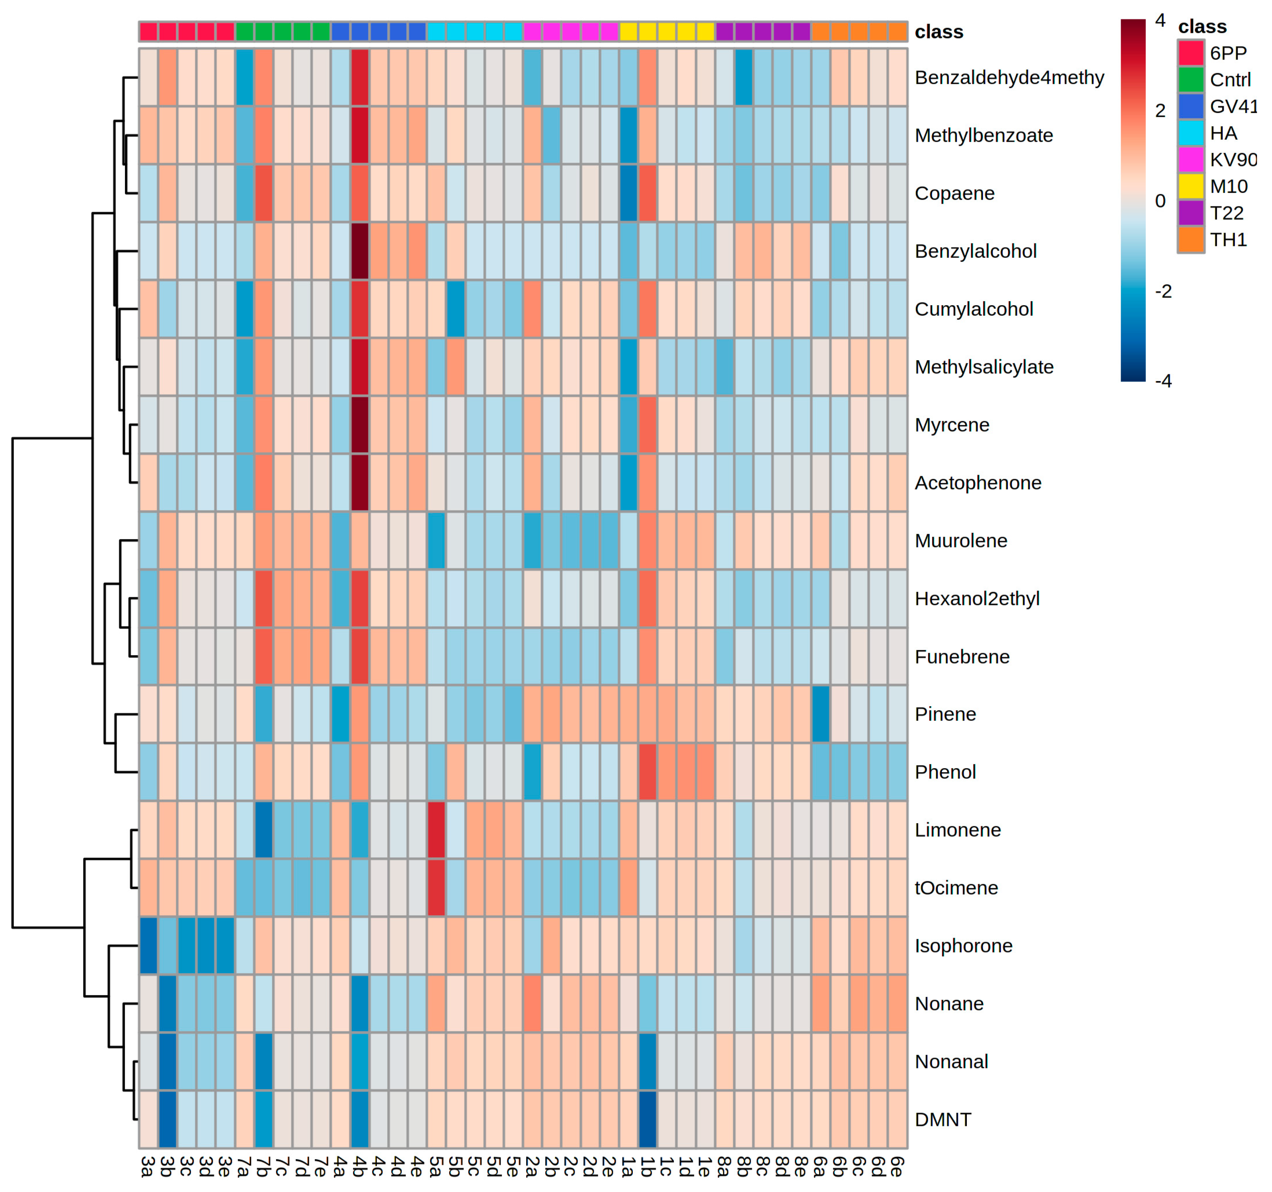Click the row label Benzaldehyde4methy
click(x=1009, y=77)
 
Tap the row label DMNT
click(x=943, y=1120)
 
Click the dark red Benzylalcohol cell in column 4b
click(x=360, y=251)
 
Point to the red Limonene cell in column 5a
click(x=436, y=830)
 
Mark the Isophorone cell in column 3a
click(x=148, y=946)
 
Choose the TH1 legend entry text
click(x=1228, y=240)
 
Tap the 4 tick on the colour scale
click(x=1160, y=21)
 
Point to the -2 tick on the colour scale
click(x=1163, y=292)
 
